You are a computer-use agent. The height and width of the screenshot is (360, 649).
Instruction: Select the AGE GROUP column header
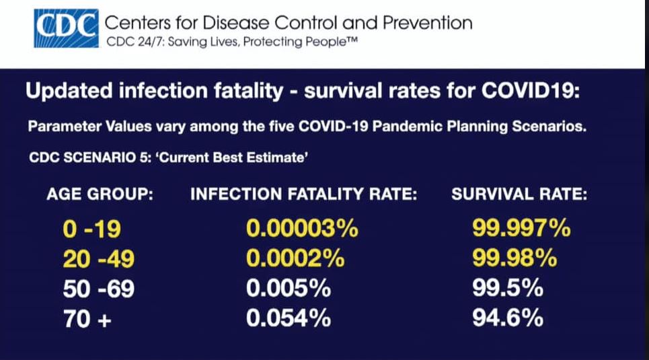100,195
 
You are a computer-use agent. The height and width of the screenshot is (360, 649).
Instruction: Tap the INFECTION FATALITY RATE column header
305,195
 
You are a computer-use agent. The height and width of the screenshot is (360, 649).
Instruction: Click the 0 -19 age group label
92,229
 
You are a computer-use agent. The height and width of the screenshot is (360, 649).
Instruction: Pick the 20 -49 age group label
98,259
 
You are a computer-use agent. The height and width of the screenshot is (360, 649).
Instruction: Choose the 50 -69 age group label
98,289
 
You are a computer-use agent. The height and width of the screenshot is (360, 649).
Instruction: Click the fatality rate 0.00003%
302,229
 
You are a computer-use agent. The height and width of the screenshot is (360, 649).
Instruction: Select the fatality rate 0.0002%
296,259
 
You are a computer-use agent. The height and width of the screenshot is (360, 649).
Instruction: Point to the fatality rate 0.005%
289,289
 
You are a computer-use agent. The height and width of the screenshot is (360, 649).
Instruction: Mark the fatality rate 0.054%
289,318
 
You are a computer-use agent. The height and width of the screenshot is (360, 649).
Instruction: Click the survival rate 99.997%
521,229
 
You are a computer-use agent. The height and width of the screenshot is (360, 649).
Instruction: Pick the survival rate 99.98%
514,259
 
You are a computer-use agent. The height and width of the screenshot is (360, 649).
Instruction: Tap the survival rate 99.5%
508,289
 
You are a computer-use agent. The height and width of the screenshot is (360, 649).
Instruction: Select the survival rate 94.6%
508,318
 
